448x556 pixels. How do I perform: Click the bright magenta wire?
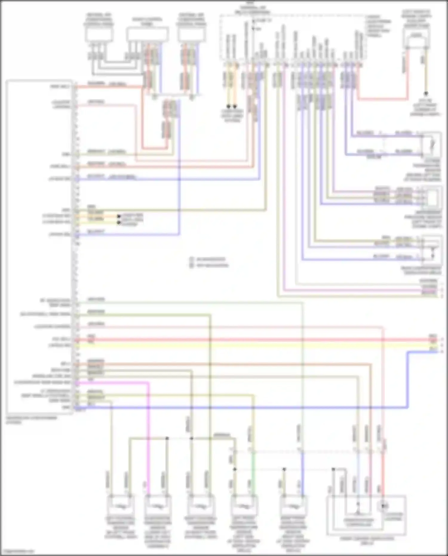[x=148, y=433]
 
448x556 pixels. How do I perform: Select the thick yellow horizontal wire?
[x=254, y=346]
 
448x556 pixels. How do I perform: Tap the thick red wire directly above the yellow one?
[x=254, y=340]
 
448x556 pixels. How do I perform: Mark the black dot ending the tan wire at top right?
[x=426, y=94]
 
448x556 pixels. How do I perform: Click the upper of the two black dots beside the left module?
[x=119, y=216]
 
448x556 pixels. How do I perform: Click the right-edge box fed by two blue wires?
[x=432, y=145]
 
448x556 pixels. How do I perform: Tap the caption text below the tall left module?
[x=31, y=420]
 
